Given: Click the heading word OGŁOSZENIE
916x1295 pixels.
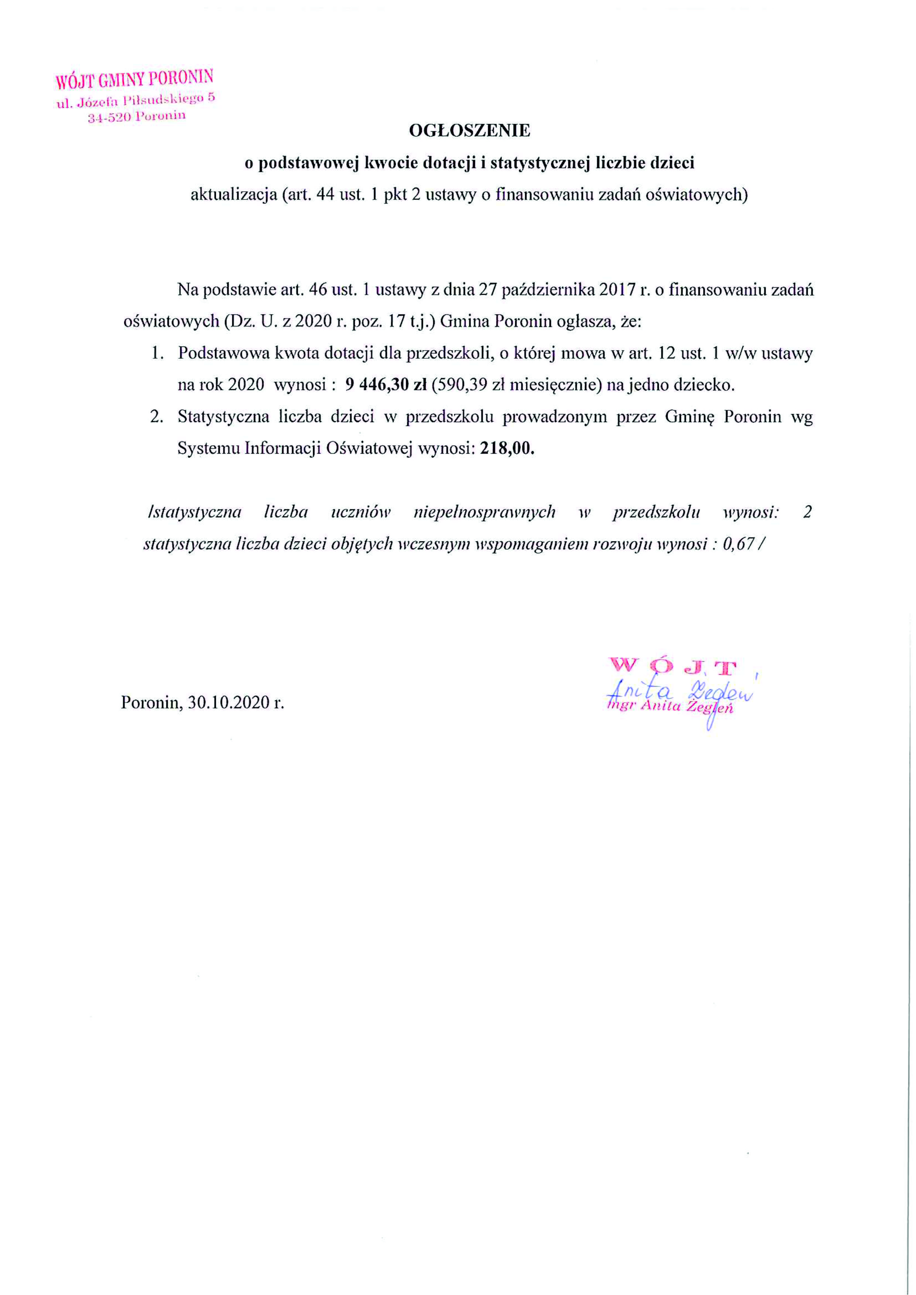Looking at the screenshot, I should pyautogui.click(x=469, y=131).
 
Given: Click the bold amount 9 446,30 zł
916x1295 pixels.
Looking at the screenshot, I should pyautogui.click(x=385, y=385).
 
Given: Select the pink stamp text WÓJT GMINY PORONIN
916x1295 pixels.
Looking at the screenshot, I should pyautogui.click(x=134, y=79).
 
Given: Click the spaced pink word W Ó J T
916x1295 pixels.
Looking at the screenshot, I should pyautogui.click(x=672, y=666).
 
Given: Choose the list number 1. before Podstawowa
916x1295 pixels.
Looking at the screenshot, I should pyautogui.click(x=157, y=353).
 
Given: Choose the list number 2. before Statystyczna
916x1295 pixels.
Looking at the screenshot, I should pyautogui.click(x=157, y=417).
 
